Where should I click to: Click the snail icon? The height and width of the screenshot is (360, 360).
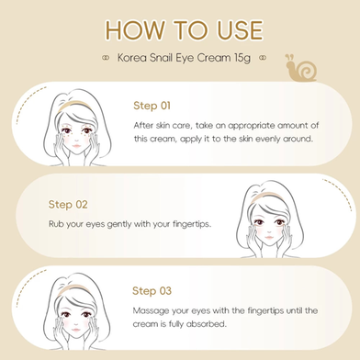[300, 69]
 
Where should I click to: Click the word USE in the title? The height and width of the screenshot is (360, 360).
[241, 30]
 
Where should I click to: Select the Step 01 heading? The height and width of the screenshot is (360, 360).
[152, 106]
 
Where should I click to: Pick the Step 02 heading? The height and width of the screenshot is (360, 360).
[68, 204]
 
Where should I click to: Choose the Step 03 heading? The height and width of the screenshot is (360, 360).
[152, 290]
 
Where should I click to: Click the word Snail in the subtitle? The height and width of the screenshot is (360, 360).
[161, 58]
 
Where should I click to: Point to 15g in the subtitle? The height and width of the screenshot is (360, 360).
[242, 58]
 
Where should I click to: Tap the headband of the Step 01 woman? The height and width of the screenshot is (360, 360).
[74, 103]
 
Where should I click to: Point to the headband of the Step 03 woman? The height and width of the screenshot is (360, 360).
[73, 287]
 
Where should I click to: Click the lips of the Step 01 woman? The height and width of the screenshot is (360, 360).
[76, 145]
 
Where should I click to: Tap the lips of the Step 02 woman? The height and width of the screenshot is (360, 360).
[269, 237]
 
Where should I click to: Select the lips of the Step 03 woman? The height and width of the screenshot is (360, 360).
[76, 329]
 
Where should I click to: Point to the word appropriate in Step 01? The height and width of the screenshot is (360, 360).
[252, 126]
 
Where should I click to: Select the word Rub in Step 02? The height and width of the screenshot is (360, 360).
[56, 224]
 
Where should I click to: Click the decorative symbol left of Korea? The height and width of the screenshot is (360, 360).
[106, 58]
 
